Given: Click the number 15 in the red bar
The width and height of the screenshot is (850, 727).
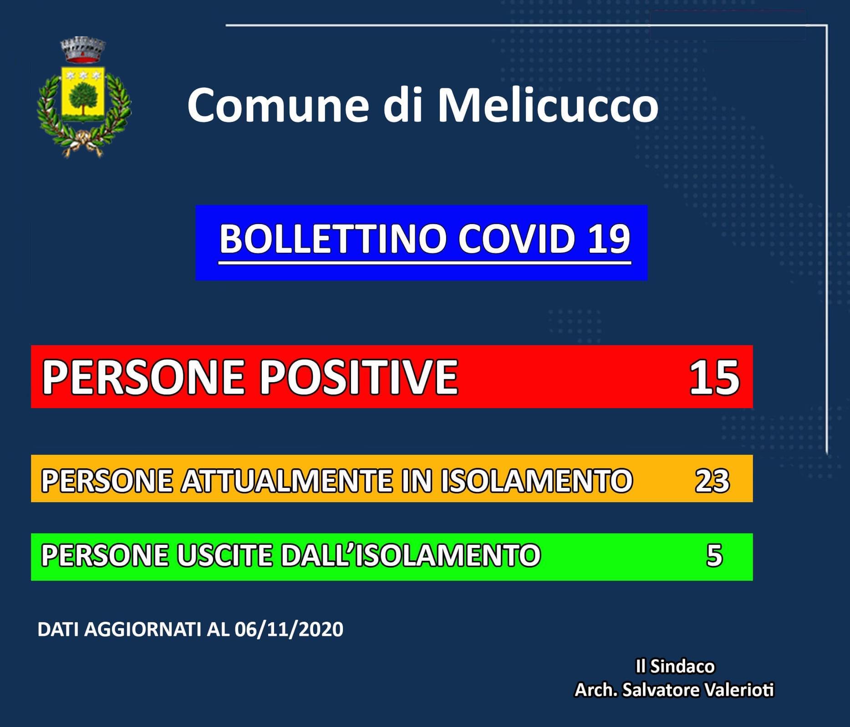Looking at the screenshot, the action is (x=714, y=377).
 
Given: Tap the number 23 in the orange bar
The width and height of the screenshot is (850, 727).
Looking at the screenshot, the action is (x=712, y=481).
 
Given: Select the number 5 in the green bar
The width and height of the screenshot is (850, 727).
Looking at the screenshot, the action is (x=714, y=555).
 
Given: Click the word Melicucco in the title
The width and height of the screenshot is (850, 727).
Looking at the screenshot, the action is (x=548, y=105).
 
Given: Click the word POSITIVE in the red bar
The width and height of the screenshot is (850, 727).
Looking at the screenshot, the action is (x=359, y=377).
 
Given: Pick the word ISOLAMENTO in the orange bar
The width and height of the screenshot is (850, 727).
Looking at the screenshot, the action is (x=536, y=481).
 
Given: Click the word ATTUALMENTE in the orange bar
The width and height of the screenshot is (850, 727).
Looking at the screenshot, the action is (x=286, y=481).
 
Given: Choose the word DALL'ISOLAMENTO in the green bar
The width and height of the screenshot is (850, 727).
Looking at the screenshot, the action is (x=410, y=555).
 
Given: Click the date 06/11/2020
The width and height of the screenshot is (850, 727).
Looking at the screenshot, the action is (x=289, y=630).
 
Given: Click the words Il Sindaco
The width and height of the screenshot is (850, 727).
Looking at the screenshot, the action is (x=675, y=666).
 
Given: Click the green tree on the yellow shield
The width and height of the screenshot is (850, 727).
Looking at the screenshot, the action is (x=82, y=97).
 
